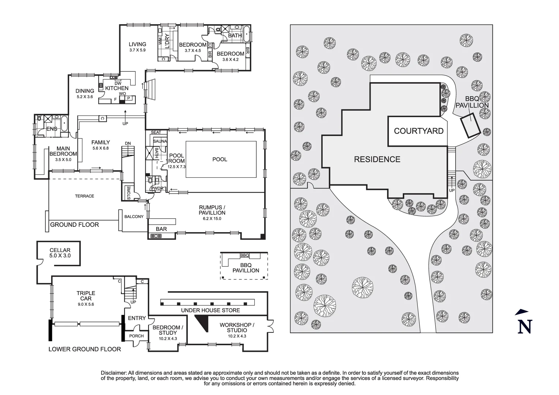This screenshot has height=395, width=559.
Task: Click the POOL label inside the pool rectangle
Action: coord(220,159)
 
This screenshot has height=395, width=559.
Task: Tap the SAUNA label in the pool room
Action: coord(160,141)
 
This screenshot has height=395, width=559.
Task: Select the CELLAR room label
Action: coord(60,251)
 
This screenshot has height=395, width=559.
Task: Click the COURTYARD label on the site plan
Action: coord(419,131)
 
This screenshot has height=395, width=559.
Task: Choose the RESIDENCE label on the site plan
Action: coord(377,159)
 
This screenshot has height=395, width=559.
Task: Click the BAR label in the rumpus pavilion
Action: coord(161,229)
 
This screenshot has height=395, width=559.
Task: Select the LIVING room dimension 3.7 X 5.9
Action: coord(137,50)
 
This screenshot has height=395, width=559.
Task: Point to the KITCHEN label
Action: coord(117,88)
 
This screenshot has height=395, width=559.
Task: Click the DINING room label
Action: coord(85,91)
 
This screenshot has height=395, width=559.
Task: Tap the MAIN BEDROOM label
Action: coord(63,151)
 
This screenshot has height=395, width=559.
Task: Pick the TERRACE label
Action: coord(85,196)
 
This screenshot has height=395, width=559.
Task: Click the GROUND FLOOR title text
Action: coord(74,225)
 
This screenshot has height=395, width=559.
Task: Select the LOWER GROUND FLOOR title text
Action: coord(85,349)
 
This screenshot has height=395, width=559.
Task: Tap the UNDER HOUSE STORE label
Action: coord(210,311)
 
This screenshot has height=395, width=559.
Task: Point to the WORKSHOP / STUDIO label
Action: coord(237,327)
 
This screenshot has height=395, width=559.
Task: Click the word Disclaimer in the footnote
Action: coord(113,373)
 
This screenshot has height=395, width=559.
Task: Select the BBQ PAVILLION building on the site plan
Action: coord(470,125)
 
